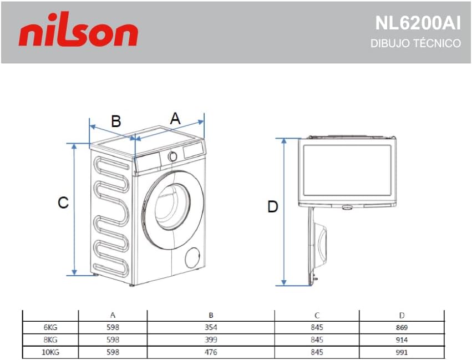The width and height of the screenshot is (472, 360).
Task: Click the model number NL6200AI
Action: (x=418, y=23)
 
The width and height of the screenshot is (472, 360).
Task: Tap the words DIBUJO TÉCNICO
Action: (x=415, y=43)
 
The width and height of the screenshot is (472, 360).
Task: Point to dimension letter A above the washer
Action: (x=175, y=118)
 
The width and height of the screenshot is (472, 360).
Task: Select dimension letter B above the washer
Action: (x=116, y=121)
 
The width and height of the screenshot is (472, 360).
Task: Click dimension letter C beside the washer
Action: (x=63, y=203)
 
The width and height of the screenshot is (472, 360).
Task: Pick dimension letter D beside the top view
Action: (x=272, y=207)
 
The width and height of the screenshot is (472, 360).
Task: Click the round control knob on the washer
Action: (x=173, y=156)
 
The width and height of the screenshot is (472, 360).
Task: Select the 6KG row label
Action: (x=49, y=327)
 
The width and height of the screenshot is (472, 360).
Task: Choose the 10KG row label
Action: (x=49, y=352)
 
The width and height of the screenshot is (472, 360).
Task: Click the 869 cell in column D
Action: (x=402, y=327)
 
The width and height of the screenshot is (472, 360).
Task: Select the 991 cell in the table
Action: (x=402, y=352)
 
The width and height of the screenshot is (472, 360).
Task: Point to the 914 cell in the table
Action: (x=402, y=339)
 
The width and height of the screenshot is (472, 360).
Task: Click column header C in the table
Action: (x=317, y=315)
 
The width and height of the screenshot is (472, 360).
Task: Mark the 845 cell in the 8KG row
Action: (x=317, y=339)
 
